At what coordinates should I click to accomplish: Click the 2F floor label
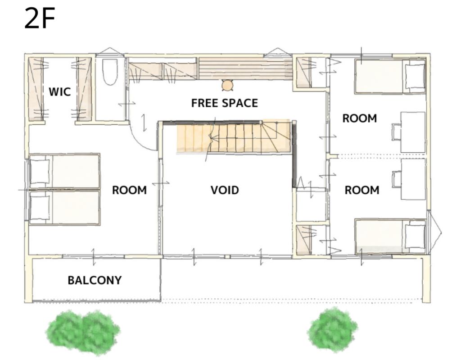pos(40,18)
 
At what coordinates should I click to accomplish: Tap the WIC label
pos(60,91)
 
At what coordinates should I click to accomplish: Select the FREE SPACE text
pos(225,103)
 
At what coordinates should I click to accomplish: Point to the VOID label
pos(225,190)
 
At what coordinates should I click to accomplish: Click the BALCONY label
pos(95,280)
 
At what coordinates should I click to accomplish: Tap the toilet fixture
pos(110,72)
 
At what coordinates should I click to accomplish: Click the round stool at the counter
pos(227,86)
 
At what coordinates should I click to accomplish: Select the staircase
pos(234,137)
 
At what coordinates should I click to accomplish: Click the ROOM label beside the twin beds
pos(129,190)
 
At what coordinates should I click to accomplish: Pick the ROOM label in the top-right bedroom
pos(360,118)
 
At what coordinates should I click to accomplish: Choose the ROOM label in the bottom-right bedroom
pos(362,190)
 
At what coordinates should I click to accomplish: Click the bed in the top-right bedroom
pos(390,76)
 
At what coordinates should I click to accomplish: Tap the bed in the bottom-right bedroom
pos(390,237)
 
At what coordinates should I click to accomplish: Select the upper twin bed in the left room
pos(65,171)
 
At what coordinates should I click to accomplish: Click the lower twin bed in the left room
pos(65,208)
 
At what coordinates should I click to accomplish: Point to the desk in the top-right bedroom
pos(413,132)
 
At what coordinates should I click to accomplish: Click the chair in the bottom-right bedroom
pos(397,179)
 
